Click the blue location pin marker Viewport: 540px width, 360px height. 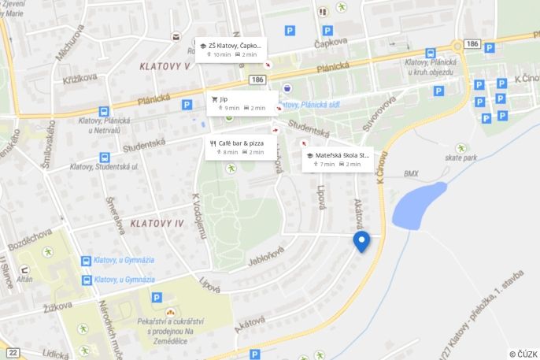click(361, 241)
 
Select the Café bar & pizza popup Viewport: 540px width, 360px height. click(245, 147)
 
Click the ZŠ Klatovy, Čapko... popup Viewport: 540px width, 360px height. click(232, 50)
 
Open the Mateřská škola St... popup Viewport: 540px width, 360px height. click(338, 159)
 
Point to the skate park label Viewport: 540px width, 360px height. click(460, 158)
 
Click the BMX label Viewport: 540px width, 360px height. click(412, 173)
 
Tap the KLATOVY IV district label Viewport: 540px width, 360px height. click(157, 224)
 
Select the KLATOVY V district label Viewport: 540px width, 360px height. click(165, 66)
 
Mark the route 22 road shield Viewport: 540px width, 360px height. click(13, 351)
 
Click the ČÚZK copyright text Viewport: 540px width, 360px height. click(523, 354)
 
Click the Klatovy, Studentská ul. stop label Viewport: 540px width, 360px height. click(108, 167)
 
